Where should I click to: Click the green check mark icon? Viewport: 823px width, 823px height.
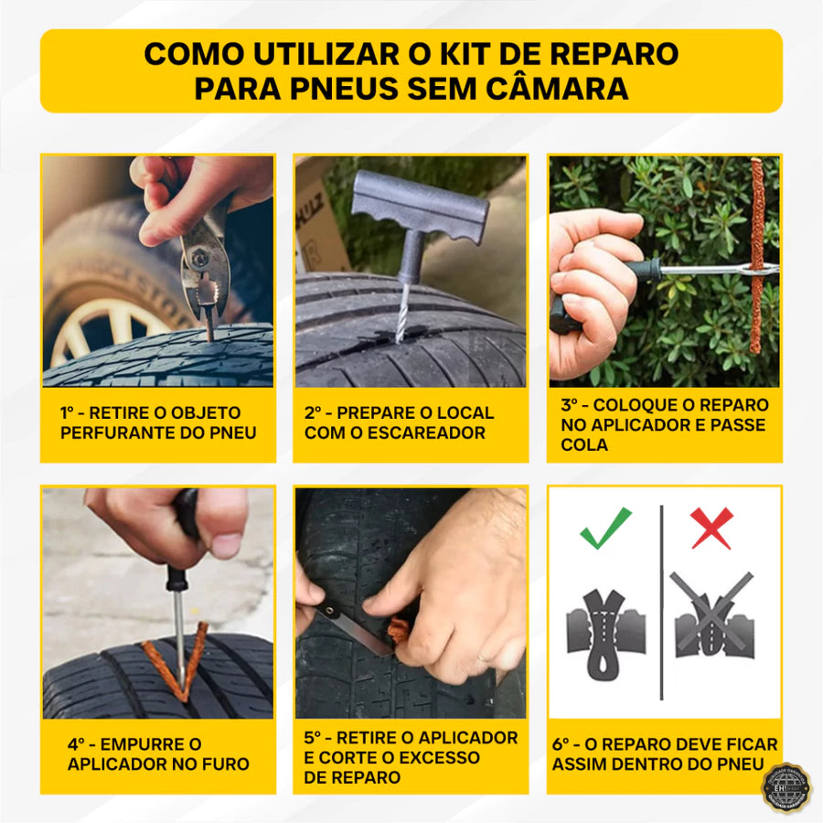coord(605,528)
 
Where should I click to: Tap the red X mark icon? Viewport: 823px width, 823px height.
coord(711,528)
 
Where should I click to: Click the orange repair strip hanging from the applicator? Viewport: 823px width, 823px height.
coord(756,256)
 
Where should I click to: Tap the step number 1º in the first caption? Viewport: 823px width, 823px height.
coord(73,412)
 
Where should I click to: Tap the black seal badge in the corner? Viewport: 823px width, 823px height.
coord(786,787)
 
